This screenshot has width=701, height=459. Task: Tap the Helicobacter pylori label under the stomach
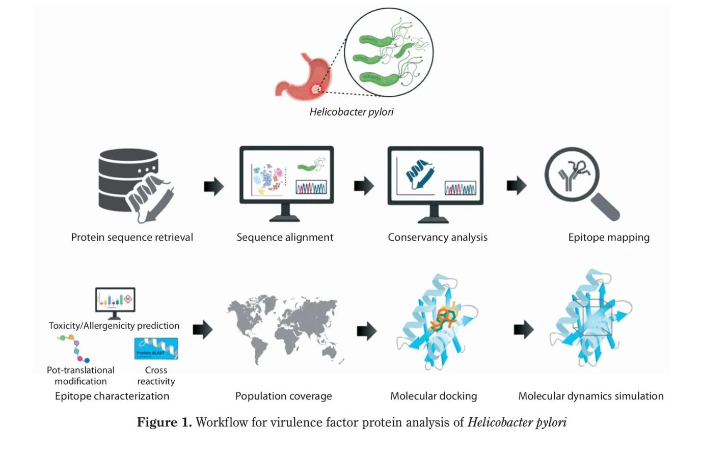pyautogui.click(x=352, y=112)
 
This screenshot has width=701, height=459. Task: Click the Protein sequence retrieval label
pyautogui.click(x=132, y=237)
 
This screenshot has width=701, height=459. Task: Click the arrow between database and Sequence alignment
pyautogui.click(x=213, y=186)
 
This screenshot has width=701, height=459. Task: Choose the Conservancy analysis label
pyautogui.click(x=437, y=237)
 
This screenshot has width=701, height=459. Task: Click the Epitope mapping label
pyautogui.click(x=609, y=237)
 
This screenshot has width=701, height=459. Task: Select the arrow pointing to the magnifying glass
pyautogui.click(x=516, y=186)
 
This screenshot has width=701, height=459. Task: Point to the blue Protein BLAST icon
pyautogui.click(x=156, y=349)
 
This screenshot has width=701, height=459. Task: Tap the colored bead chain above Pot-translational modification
pyautogui.click(x=74, y=348)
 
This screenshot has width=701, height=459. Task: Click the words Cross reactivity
pyautogui.click(x=156, y=376)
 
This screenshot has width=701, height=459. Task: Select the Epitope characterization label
pyautogui.click(x=112, y=396)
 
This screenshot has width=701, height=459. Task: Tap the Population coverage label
pyautogui.click(x=283, y=396)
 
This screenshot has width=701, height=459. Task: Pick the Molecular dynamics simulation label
pyautogui.click(x=590, y=396)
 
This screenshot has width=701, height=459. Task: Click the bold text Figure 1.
pyautogui.click(x=164, y=422)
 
